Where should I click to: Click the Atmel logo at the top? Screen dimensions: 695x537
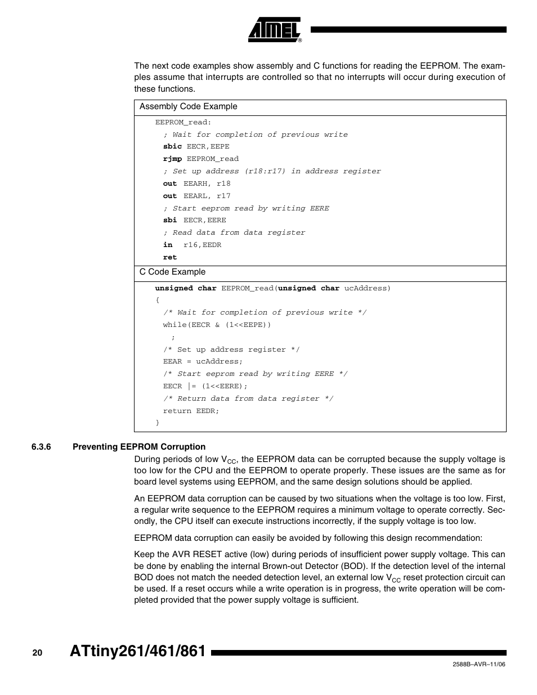tap(274, 30)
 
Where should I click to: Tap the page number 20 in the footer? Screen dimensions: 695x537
tap(37, 653)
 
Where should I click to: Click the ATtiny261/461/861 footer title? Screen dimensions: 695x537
tap(138, 652)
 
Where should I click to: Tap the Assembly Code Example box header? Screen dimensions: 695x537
tap(189, 107)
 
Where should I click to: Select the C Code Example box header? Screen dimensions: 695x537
tap(173, 272)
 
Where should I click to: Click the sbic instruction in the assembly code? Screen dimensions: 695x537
tap(172, 146)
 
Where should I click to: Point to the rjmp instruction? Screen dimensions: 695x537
tap(172, 159)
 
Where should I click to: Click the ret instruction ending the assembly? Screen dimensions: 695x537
tap(169, 257)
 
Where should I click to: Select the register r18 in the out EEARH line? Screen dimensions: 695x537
tap(223, 183)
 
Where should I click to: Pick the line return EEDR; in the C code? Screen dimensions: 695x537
tap(191, 411)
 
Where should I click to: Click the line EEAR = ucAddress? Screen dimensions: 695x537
tap(203, 361)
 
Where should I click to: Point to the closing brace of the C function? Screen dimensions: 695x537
tap(158, 423)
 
